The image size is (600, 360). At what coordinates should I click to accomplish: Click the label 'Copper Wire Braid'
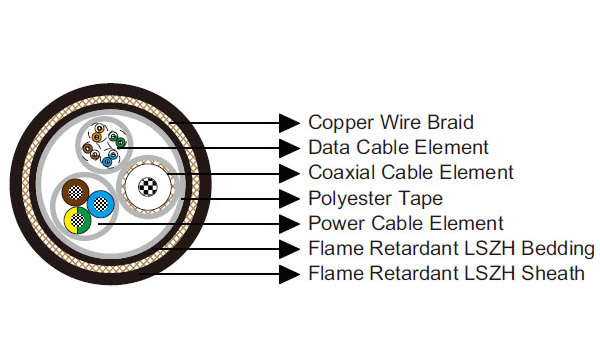click(390, 123)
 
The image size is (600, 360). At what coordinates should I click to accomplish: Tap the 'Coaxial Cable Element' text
click(410, 173)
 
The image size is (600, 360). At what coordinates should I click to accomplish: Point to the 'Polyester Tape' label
click(375, 198)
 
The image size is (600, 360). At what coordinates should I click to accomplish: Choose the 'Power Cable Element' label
click(406, 223)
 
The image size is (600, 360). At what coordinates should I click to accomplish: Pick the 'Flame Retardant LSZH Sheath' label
click(446, 273)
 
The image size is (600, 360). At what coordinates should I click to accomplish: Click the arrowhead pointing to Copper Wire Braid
click(290, 123)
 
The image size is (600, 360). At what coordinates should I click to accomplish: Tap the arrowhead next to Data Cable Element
click(290, 148)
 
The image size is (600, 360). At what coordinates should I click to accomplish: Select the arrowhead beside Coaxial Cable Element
click(290, 173)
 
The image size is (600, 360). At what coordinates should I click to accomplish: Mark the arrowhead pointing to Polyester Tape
click(290, 198)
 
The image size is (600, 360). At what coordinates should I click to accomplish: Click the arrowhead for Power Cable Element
click(290, 223)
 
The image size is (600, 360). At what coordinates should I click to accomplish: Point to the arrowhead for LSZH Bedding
click(290, 248)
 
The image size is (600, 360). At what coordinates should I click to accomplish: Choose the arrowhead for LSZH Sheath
click(290, 273)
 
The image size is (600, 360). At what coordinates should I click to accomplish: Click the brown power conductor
click(73, 193)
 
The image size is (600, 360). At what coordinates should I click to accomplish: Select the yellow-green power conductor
click(76, 220)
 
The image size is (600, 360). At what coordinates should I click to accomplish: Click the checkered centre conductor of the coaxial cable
click(147, 186)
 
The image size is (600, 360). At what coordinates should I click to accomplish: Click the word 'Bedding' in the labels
click(558, 248)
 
